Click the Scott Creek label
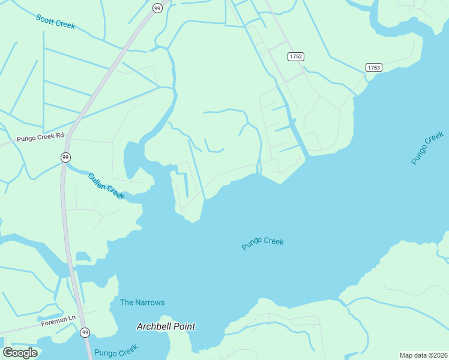[55, 21]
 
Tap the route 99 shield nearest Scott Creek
[157, 8]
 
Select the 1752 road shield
[295, 56]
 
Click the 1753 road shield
[373, 68]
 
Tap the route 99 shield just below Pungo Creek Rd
[65, 157]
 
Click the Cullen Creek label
[106, 186]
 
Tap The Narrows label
[142, 302]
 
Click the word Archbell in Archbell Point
[154, 327]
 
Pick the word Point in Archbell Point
[185, 327]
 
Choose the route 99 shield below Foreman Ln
[85, 332]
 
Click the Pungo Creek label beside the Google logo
[116, 350]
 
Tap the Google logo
[20, 353]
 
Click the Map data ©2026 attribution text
[424, 355]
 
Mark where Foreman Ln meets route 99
[77, 314]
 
